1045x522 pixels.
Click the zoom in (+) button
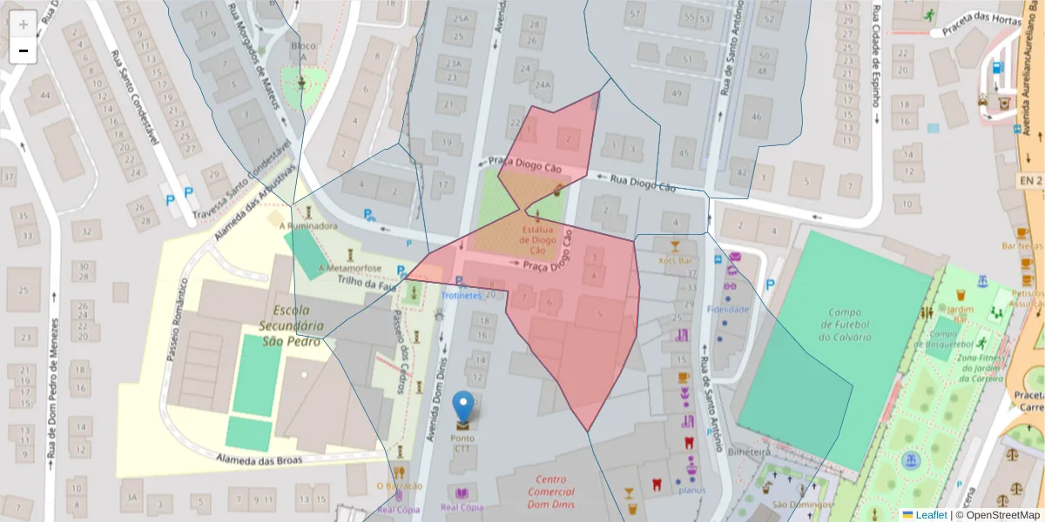click(x=23, y=23)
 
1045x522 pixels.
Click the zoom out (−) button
click(x=23, y=50)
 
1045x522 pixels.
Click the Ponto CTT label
click(x=462, y=444)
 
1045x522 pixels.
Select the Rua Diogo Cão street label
click(x=643, y=183)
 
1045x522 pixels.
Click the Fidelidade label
click(x=728, y=309)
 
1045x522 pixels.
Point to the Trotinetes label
click(x=461, y=296)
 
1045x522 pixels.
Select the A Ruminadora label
click(x=308, y=226)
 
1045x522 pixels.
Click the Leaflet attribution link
click(x=930, y=515)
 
